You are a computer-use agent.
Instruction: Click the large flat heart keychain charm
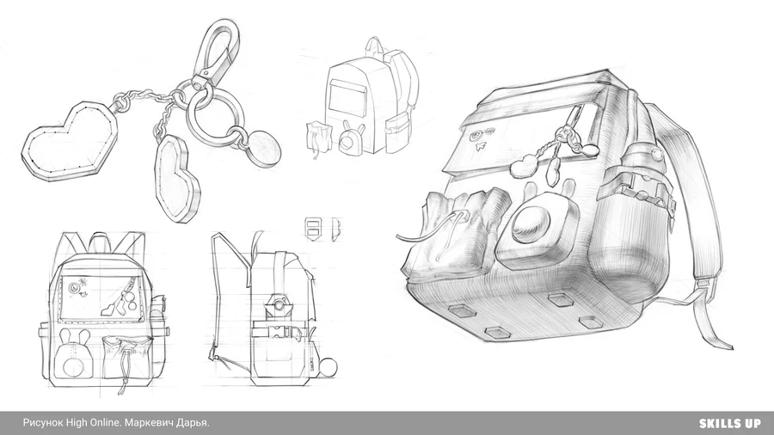[69, 142]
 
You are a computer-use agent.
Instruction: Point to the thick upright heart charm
[178, 178]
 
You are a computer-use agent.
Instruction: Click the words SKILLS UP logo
[729, 423]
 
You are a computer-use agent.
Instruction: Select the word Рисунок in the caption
[43, 423]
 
